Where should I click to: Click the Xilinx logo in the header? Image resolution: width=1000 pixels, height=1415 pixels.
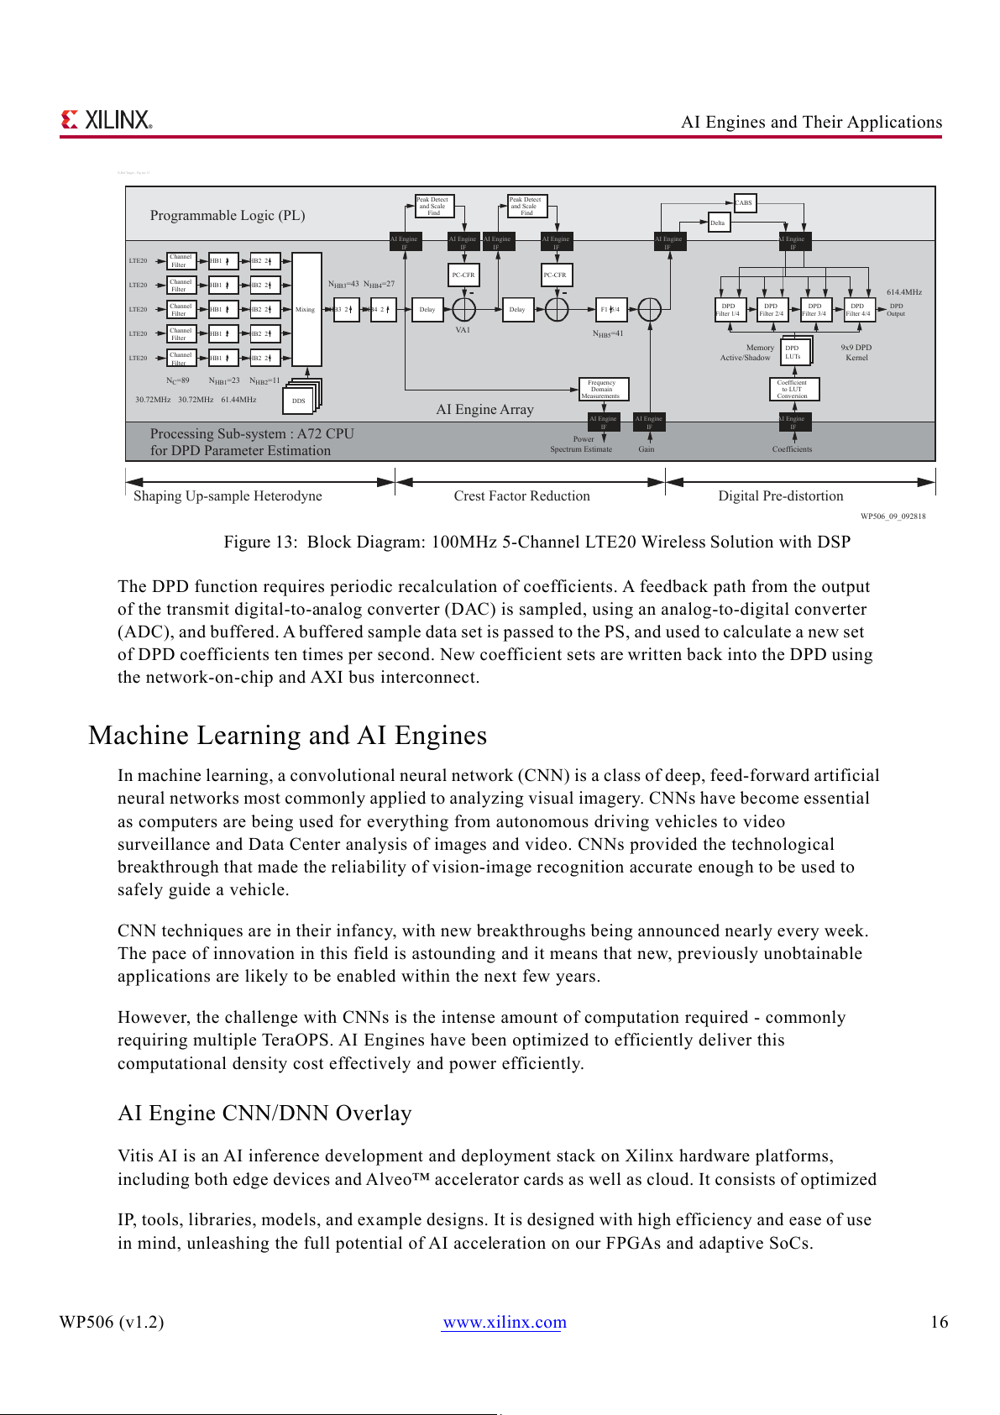pos(107,120)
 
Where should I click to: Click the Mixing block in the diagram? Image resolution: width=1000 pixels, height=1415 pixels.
pos(306,309)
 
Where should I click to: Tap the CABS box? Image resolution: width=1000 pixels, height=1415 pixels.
pos(745,202)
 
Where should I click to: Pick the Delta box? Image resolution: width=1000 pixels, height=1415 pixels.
pos(719,223)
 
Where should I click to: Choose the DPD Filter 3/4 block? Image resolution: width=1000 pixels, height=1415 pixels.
pos(814,310)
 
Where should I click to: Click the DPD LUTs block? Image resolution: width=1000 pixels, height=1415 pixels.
pos(793,352)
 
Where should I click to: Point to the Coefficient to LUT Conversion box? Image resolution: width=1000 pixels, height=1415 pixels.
pos(793,389)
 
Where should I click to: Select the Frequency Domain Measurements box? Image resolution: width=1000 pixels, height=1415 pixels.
pos(602,389)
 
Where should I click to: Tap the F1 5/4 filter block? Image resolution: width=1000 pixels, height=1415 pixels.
pos(610,309)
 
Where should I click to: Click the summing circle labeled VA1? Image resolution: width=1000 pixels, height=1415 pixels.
pos(463,310)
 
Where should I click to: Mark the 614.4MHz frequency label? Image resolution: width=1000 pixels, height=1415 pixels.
pos(904,292)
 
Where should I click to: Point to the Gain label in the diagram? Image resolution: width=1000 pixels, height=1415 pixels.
pos(647,449)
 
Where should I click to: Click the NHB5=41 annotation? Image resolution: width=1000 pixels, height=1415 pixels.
pos(608,334)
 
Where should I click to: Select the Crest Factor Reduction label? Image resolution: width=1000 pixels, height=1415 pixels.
pos(522,496)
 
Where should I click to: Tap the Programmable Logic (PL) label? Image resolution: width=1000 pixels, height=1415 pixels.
pos(228,216)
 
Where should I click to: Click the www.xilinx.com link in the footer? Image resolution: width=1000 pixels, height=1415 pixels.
pos(505,1322)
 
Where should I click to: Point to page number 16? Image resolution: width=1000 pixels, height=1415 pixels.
pos(939,1322)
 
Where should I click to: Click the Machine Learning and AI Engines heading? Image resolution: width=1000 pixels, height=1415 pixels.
pos(288,736)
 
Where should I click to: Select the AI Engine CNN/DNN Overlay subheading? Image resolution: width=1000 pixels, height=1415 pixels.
pos(264,1114)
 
